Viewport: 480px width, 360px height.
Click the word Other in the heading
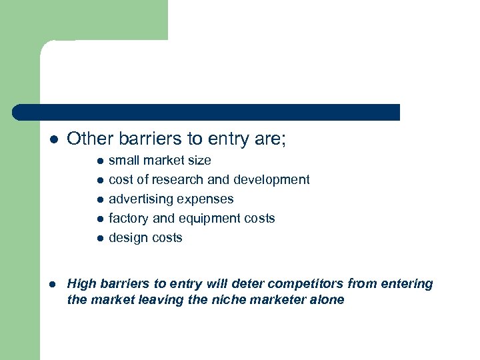click(87, 139)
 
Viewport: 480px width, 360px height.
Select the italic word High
click(82, 284)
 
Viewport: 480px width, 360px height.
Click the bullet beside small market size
click(99, 161)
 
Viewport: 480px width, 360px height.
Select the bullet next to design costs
click(99, 239)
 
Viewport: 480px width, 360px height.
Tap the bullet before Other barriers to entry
click(55, 140)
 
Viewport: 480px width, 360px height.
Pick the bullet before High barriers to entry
click(55, 285)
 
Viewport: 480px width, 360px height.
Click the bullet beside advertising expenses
click(99, 200)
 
